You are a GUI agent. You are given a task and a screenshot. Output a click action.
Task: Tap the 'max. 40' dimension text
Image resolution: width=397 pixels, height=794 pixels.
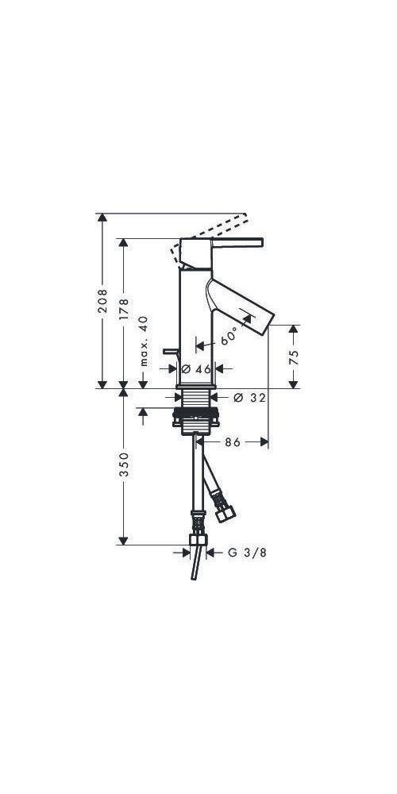[144, 340]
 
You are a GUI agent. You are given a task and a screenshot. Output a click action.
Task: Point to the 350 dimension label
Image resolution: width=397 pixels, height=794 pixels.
[123, 466]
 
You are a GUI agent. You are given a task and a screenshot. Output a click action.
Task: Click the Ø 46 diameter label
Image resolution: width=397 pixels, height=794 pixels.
[195, 368]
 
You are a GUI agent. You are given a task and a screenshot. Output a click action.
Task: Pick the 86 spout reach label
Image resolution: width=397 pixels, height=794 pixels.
[232, 441]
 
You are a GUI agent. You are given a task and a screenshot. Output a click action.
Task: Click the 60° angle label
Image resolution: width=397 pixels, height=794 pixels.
[229, 336]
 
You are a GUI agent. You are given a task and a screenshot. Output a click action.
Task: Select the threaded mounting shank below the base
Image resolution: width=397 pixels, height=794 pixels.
[195, 401]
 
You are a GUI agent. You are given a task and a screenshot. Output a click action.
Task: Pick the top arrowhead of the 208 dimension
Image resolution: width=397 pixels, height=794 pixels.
[102, 218]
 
